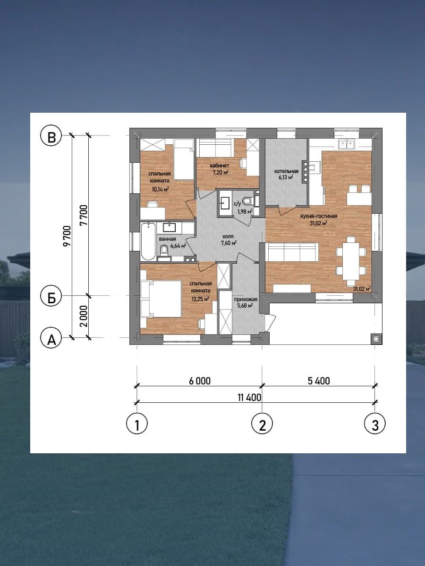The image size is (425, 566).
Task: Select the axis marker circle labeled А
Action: [52, 338]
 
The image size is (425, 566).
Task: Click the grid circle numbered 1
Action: [137, 424]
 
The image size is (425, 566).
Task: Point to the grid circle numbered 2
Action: [262, 424]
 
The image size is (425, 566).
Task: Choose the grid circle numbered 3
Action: [375, 424]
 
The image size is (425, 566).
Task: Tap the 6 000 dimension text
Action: [200, 381]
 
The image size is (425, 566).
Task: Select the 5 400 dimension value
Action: [319, 381]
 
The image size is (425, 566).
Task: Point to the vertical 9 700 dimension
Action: [68, 237]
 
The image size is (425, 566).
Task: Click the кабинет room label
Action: [220, 165]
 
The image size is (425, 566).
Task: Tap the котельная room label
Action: [286, 171]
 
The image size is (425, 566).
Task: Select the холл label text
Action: [228, 236]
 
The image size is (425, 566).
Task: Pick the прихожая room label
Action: [246, 300]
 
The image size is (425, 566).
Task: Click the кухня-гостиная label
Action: [319, 216]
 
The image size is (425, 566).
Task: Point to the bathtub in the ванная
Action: [148, 241]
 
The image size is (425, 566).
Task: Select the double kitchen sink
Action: [347, 144]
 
